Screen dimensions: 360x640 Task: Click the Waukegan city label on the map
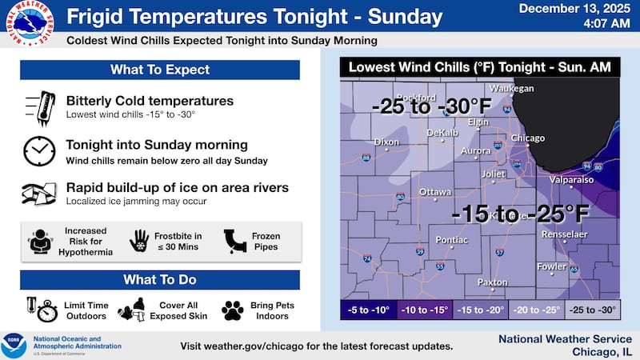click(511, 88)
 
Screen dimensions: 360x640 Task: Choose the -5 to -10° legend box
click(368, 310)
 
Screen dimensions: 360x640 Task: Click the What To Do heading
click(160, 280)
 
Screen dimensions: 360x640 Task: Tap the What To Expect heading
click(160, 70)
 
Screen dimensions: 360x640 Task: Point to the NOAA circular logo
click(14, 345)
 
